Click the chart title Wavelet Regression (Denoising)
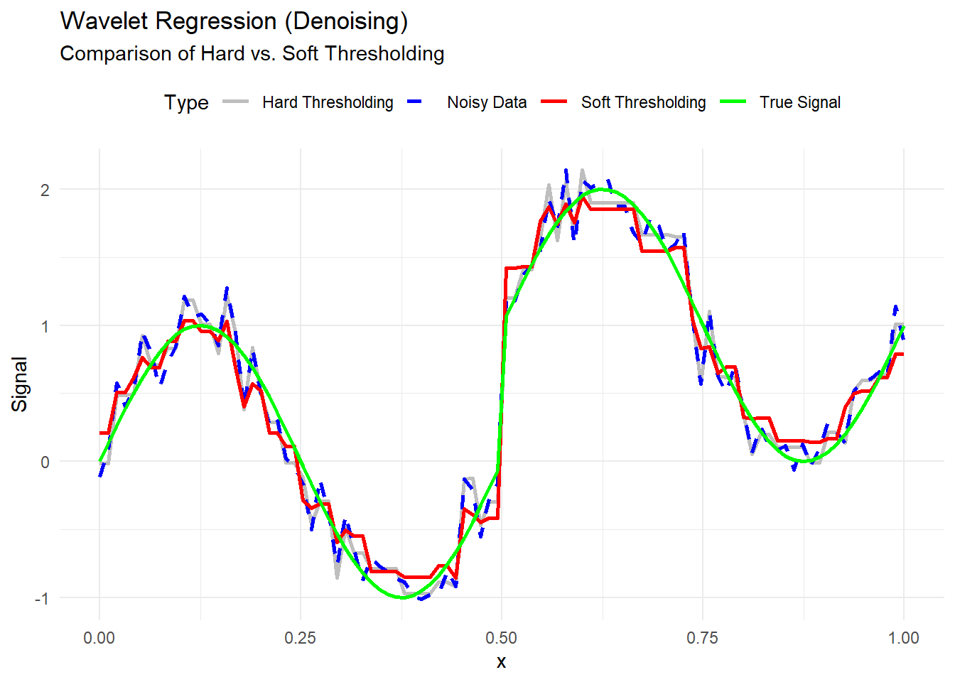pos(234,21)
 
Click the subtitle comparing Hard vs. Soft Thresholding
pos(252,54)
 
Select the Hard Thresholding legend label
pos(327,102)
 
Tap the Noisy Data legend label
pos(487,102)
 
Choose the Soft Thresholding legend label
pos(643,102)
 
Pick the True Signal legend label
pos(799,102)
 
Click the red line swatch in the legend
pos(554,102)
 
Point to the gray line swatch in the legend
pos(236,102)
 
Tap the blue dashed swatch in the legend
pos(415,102)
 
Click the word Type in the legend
pos(186,102)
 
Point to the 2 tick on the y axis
pos(45,190)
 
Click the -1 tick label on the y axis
pos(42,598)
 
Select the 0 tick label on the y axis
pos(45,462)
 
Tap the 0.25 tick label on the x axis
pos(300,638)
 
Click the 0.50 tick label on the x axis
pos(502,638)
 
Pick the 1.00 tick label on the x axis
pos(903,638)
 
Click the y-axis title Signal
pos(19,384)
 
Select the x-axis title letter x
pos(502,662)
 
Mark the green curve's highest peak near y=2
pos(603,189)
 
